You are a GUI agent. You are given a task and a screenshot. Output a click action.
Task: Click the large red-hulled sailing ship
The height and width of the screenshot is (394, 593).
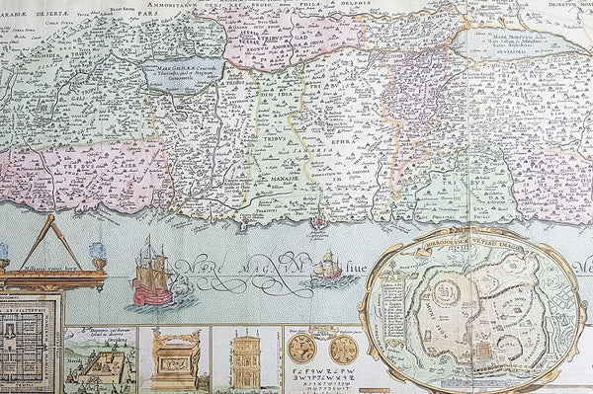151,275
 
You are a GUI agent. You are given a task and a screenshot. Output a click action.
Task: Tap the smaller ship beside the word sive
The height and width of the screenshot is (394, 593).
326,266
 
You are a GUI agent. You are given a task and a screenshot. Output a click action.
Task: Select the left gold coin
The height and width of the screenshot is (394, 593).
301,349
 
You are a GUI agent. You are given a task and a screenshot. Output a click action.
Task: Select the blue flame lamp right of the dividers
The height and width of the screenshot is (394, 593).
98,252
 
